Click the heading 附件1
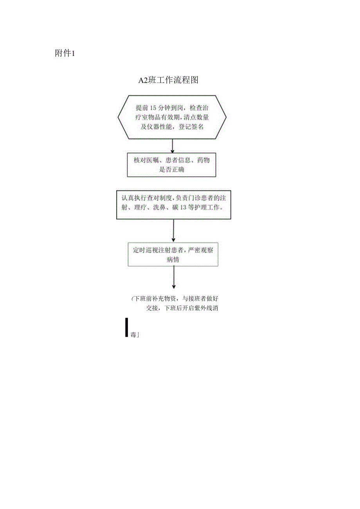coord(65,54)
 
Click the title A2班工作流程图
coord(169,81)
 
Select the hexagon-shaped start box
coord(172,117)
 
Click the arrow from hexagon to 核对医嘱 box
coord(172,146)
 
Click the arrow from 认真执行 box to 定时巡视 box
coord(173,230)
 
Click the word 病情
coord(173,259)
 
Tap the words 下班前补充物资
coord(156,299)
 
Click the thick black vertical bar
coord(126,327)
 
